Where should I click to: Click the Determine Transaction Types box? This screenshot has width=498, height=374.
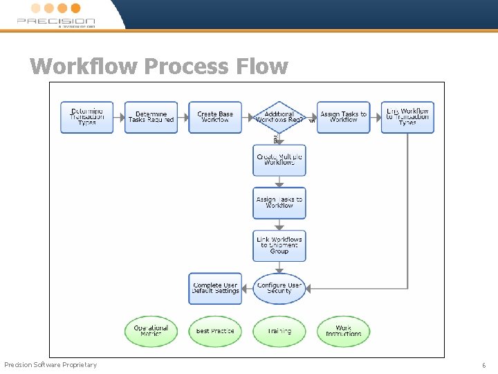[87, 117]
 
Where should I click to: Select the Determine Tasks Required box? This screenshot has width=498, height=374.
[151, 117]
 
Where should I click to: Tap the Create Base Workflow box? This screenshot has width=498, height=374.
[215, 117]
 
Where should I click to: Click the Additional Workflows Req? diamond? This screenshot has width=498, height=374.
[279, 117]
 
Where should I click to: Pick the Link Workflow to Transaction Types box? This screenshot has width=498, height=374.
[407, 117]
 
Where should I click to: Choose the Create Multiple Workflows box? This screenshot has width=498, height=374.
[279, 160]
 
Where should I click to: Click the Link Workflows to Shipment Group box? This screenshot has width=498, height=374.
[279, 245]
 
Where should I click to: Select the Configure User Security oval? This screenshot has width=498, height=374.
[279, 288]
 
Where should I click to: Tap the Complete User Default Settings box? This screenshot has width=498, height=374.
[215, 288]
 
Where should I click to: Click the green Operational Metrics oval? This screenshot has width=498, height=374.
[151, 331]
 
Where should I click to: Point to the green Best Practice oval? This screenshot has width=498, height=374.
[215, 331]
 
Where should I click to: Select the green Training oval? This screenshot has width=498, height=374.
[279, 331]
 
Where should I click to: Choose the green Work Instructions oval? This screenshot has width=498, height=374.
[344, 331]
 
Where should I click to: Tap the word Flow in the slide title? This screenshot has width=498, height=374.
[262, 66]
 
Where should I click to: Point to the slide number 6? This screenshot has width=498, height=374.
[484, 365]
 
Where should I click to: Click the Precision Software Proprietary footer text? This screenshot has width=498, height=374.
[50, 365]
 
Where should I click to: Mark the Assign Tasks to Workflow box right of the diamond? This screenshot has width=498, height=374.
[344, 117]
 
